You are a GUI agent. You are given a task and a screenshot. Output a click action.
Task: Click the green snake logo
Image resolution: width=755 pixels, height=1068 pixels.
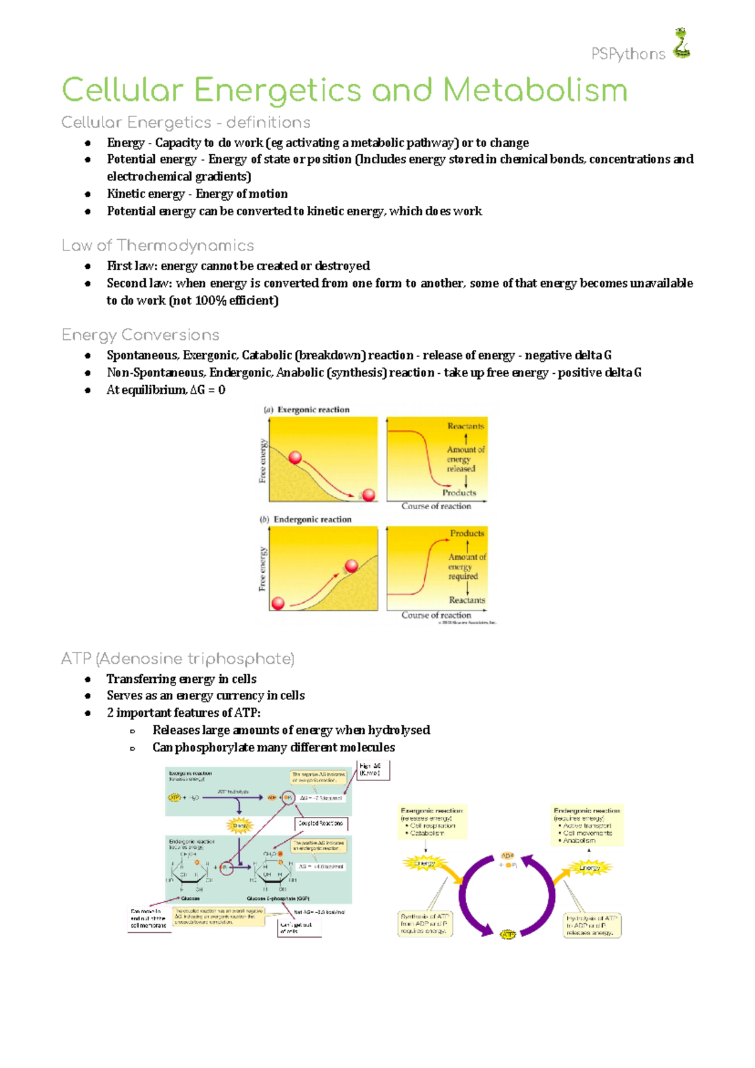coord(681,44)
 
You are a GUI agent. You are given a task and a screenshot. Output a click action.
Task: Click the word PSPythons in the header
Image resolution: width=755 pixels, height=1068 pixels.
coord(628,55)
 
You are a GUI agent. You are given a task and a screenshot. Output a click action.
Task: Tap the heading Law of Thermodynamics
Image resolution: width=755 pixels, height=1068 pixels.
coord(158,245)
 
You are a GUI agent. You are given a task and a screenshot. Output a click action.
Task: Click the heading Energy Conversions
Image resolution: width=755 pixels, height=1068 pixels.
coord(140,335)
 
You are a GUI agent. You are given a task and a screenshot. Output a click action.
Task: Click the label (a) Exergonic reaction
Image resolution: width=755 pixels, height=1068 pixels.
coord(306,410)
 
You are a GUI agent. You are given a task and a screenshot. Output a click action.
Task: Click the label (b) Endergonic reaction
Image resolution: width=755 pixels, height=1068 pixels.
coord(306,519)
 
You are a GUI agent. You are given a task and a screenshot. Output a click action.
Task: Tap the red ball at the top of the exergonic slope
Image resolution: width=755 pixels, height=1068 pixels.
coord(295,458)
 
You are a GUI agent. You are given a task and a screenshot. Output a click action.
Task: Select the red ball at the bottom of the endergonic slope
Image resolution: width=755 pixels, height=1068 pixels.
coord(277,604)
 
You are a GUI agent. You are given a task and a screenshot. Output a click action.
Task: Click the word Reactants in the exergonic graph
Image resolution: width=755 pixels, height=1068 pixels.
coord(466,426)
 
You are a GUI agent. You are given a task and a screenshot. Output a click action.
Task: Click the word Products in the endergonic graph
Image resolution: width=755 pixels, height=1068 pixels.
coord(467,533)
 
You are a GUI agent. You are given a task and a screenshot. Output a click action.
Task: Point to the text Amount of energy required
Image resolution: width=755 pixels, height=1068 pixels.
coord(466,566)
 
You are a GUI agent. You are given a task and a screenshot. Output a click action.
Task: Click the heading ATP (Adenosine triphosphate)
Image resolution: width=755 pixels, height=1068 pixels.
coord(177,659)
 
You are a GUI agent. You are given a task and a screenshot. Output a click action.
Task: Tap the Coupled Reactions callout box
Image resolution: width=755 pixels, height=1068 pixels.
coord(321,823)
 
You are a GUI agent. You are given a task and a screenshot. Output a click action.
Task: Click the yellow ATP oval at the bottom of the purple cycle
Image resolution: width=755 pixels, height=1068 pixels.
coord(508,935)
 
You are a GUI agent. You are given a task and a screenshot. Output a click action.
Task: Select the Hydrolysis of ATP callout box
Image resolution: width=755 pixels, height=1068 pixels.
coord(591,925)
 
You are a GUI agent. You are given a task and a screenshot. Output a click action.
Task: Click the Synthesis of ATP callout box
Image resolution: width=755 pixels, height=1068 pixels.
coord(425,923)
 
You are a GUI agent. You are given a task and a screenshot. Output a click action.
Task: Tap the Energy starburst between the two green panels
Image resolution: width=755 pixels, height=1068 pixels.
coord(240,825)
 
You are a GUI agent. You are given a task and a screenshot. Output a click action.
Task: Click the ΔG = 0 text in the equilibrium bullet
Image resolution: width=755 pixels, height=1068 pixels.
coord(208,390)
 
